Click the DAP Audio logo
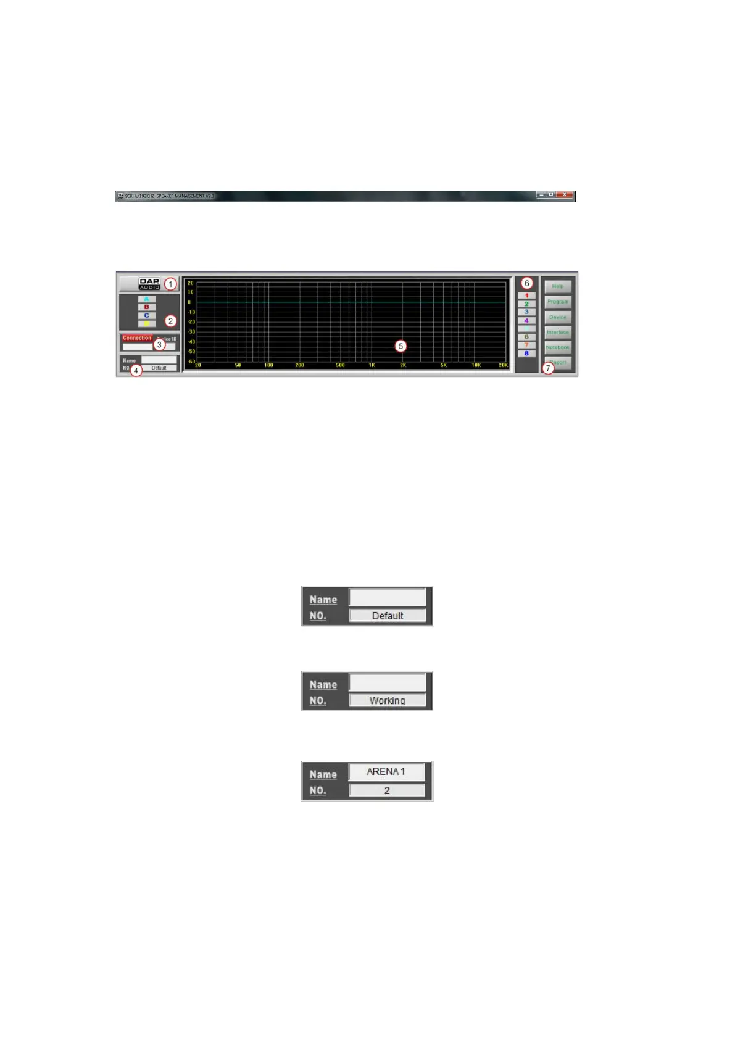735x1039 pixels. tap(149, 284)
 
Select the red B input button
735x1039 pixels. tap(147, 307)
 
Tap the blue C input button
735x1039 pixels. tap(147, 315)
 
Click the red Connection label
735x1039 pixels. tap(137, 338)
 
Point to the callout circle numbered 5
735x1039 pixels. tap(401, 346)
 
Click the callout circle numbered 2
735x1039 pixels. tap(171, 321)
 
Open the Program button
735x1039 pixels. tap(558, 302)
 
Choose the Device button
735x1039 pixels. tap(558, 317)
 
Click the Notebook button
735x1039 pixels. tap(558, 347)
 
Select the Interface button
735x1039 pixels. tap(558, 333)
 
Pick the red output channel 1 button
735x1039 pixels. tap(526, 296)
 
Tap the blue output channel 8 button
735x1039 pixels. tap(526, 354)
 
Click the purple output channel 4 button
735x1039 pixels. tap(526, 321)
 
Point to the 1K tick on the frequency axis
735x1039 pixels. tap(372, 365)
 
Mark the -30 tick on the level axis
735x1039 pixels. tap(191, 332)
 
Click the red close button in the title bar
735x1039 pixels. tap(565, 196)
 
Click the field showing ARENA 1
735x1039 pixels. tap(387, 772)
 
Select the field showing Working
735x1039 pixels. tap(388, 701)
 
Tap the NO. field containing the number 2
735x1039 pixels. tap(387, 790)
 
